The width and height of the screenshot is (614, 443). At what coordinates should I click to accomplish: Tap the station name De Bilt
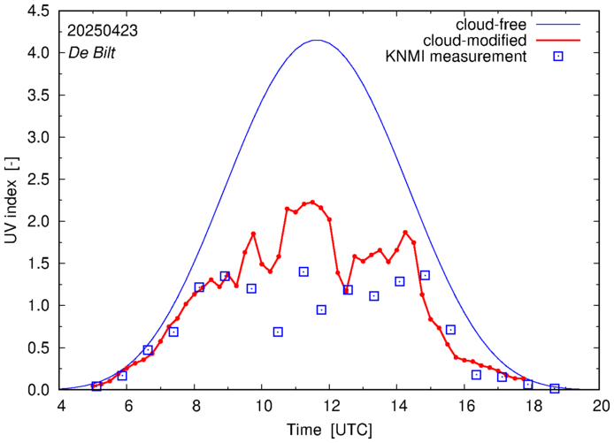(90, 52)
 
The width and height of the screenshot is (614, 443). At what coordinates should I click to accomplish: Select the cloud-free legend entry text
(488, 23)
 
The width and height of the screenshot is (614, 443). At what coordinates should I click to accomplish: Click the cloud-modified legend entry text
(475, 40)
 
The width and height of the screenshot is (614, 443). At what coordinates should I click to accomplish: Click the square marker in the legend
(557, 57)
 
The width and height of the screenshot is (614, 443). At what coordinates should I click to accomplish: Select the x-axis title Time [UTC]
(330, 430)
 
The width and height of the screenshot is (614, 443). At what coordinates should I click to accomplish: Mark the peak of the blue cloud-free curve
(317, 40)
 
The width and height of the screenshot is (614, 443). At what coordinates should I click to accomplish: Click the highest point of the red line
(312, 202)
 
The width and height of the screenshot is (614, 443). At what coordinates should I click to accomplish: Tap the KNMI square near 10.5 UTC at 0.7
(278, 332)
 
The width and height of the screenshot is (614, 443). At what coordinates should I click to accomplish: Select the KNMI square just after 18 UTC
(555, 388)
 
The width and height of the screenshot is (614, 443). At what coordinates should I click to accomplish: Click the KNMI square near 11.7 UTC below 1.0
(321, 309)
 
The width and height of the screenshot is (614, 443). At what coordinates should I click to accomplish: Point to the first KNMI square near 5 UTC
(96, 386)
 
